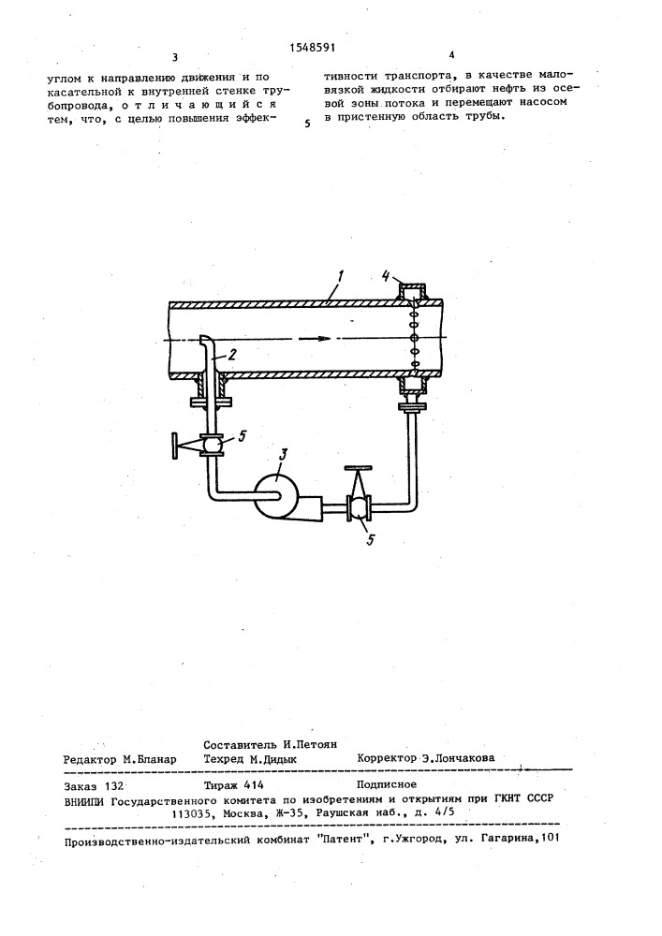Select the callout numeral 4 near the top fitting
click(x=386, y=276)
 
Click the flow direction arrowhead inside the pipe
click(x=323, y=339)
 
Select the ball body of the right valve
click(x=359, y=508)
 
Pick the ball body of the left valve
click(x=212, y=446)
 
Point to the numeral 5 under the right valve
click(x=370, y=541)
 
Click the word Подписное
click(x=386, y=784)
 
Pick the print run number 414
click(x=255, y=785)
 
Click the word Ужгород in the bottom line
click(x=420, y=838)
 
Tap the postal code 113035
click(x=192, y=812)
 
